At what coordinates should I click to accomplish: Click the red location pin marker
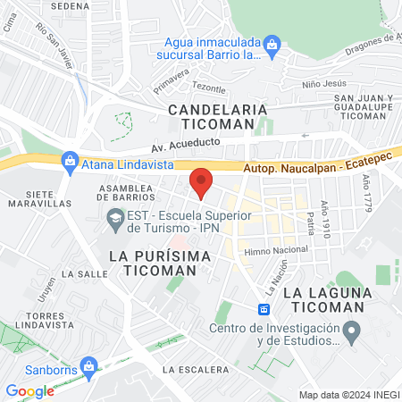coord(201,182)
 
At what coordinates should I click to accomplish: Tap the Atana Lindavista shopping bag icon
coord(69,162)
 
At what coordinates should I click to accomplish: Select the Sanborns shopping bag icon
coord(88,366)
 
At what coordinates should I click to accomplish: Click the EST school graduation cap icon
coord(114,217)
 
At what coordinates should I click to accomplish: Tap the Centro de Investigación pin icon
coord(352,335)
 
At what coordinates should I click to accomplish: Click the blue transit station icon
coord(264,309)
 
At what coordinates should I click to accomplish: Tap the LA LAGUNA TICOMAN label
coord(323,299)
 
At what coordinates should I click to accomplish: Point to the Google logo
coord(29,390)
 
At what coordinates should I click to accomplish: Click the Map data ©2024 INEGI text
coord(348,395)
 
